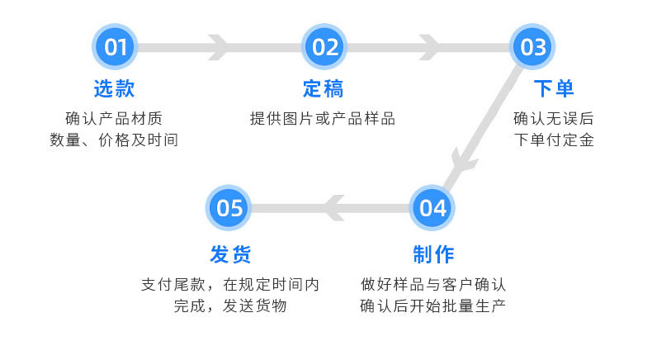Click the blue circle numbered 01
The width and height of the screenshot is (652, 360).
click(115, 47)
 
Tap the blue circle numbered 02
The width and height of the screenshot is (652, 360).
click(325, 47)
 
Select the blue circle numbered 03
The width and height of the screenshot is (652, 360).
click(533, 47)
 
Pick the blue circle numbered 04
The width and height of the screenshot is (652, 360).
click(432, 207)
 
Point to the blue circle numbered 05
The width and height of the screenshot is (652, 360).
click(229, 207)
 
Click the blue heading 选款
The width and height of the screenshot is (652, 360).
click(114, 88)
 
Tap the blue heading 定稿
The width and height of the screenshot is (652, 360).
click(323, 88)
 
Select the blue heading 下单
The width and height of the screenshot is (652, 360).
click(553, 88)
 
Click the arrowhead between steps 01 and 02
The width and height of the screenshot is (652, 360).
click(220, 47)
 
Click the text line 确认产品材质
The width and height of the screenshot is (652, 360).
click(114, 118)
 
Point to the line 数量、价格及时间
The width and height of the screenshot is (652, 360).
click(114, 140)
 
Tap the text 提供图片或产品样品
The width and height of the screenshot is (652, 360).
click(323, 118)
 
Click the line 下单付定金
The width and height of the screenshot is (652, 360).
click(553, 140)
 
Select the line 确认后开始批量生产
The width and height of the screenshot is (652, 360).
click(432, 306)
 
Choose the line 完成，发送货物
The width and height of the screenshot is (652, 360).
click(230, 306)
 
